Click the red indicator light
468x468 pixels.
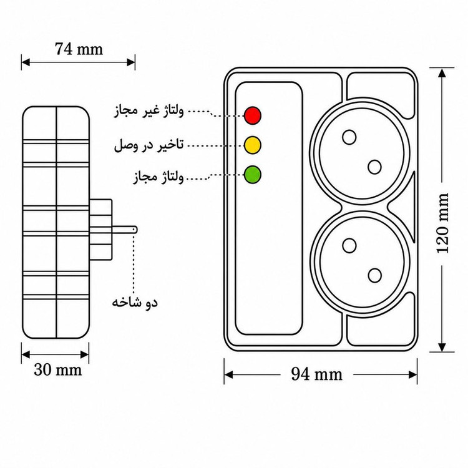tap(253, 115)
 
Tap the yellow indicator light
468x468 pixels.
tap(253, 145)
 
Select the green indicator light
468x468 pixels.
tap(253, 175)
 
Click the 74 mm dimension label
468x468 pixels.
tap(79, 49)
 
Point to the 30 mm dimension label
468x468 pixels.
tap(57, 369)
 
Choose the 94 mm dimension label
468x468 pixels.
tap(316, 374)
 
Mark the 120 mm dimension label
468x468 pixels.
tap(442, 223)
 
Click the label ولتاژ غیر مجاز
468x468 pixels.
tap(149, 111)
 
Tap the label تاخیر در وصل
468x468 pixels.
tap(149, 145)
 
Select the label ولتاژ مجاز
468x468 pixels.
tap(158, 177)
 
